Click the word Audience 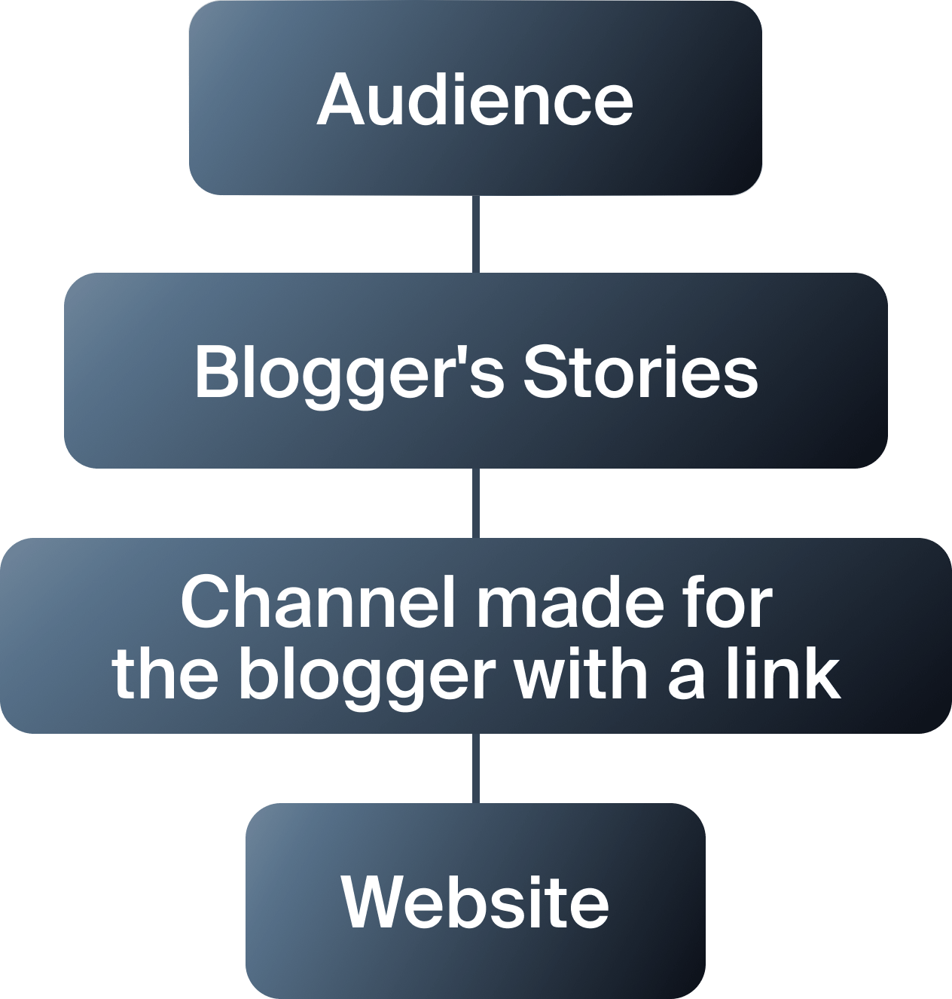pyautogui.click(x=475, y=100)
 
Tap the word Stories pyautogui.click(x=640, y=372)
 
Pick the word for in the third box pyautogui.click(x=734, y=603)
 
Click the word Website pyautogui.click(x=475, y=902)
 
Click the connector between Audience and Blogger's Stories pyautogui.click(x=476, y=234)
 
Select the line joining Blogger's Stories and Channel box pyautogui.click(x=476, y=503)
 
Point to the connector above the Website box pyautogui.click(x=476, y=768)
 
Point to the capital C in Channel pyautogui.click(x=208, y=603)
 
